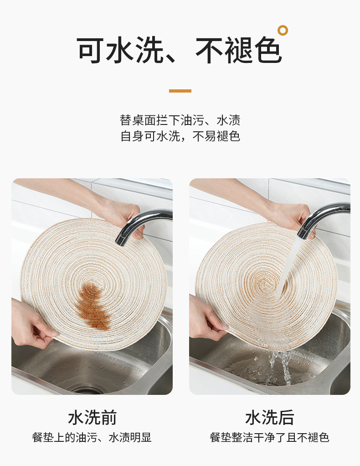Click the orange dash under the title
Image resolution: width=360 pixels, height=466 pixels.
coord(180,91)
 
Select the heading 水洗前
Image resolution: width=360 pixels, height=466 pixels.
coord(92,417)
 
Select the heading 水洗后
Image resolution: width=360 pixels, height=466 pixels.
coord(269,417)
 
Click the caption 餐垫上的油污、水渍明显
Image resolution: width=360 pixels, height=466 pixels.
coord(92,437)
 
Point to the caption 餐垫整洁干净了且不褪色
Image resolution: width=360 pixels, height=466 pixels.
coord(269,437)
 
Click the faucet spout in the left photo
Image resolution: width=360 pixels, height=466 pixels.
coord(139,223)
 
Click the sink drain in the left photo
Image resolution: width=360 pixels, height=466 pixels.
coord(87,389)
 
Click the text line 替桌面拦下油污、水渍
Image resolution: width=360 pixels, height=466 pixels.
coord(180,120)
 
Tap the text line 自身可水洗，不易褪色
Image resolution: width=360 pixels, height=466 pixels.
coord(180,136)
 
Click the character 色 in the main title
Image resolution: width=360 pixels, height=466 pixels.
coord(268,50)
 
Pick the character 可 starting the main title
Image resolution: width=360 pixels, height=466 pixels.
coord(91,50)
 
